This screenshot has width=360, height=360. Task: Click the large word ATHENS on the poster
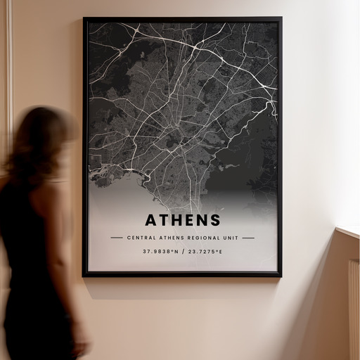(x=182, y=221)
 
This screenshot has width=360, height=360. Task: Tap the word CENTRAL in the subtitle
(x=141, y=238)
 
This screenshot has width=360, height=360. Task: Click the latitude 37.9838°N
(x=160, y=251)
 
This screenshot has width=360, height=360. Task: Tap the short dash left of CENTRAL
(x=116, y=238)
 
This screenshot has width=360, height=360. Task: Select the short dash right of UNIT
(x=248, y=238)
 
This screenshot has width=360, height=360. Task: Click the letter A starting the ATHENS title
(x=151, y=221)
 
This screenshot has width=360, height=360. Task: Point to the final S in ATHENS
(x=214, y=221)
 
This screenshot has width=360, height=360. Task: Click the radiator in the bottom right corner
(x=353, y=309)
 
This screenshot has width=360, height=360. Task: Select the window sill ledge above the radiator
(x=347, y=231)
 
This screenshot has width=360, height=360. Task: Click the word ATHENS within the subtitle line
(x=169, y=238)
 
